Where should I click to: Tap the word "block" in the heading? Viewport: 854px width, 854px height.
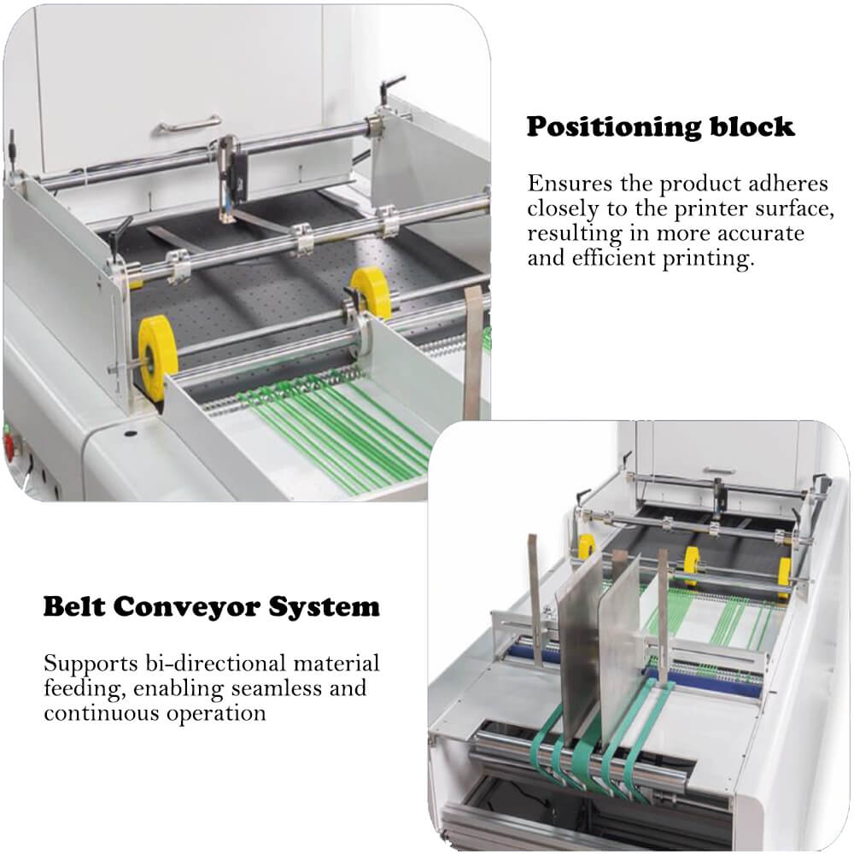tap(752, 126)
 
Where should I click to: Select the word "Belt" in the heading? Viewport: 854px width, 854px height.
tap(75, 607)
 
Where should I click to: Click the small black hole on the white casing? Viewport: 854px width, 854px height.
tap(131, 434)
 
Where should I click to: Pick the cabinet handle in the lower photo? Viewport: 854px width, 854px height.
tap(719, 470)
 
